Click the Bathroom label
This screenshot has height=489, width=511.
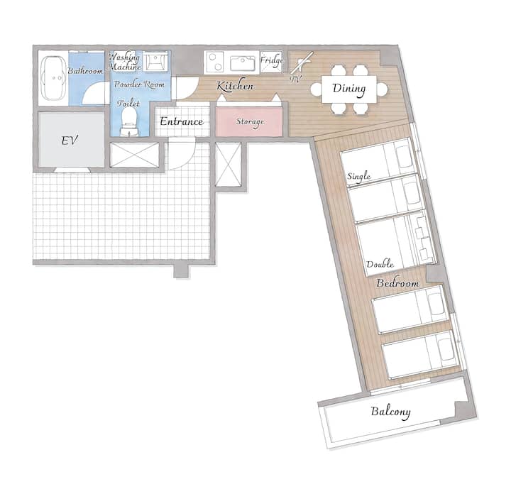click(85, 71)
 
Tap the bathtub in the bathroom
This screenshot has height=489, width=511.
click(53, 78)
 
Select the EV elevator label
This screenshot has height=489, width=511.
click(70, 141)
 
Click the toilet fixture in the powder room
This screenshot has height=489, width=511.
click(128, 121)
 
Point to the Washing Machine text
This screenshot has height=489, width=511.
click(124, 62)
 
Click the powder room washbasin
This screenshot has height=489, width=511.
click(156, 62)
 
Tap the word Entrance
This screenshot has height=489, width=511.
click(182, 121)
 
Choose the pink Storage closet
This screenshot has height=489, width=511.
click(249, 121)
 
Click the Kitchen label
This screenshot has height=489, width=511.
click(236, 86)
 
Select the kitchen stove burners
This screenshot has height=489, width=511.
click(215, 62)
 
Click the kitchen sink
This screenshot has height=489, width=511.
click(243, 63)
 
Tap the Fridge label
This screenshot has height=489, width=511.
click(271, 60)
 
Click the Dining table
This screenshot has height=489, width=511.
click(348, 89)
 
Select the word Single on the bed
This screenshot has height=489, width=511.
click(359, 176)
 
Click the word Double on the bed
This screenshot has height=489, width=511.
click(380, 264)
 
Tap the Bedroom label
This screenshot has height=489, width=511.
click(397, 283)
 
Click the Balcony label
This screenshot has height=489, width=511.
click(390, 412)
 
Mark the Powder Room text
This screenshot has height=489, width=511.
click(139, 84)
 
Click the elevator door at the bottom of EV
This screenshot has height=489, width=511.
click(72, 170)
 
